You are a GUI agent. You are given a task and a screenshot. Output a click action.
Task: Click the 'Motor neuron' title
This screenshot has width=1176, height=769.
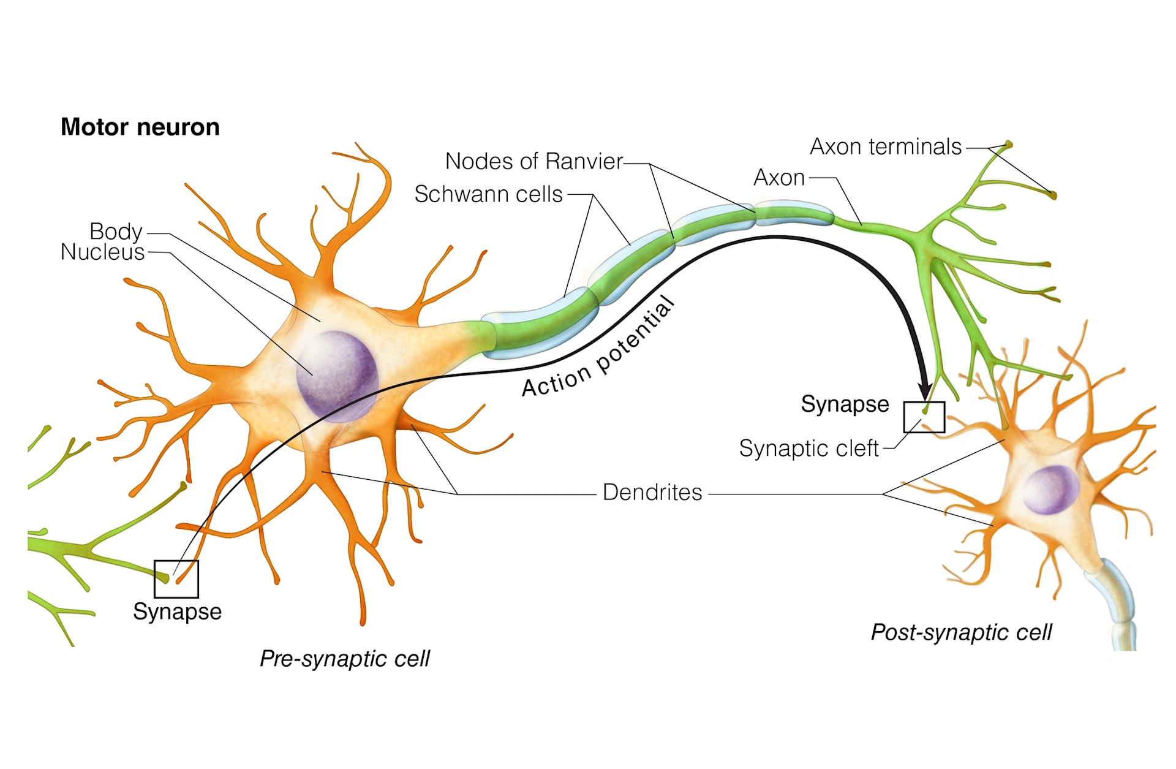tap(140, 127)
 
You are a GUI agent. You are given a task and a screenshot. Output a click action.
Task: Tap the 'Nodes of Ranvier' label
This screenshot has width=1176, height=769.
tap(533, 161)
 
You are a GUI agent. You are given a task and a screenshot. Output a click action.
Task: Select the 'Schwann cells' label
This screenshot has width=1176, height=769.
tap(488, 194)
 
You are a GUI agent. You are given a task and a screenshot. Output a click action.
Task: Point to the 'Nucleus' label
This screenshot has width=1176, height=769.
tap(102, 252)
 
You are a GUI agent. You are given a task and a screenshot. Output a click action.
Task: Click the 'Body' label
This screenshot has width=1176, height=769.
tap(116, 231)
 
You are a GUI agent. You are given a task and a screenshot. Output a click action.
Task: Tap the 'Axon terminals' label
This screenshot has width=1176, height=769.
tap(885, 147)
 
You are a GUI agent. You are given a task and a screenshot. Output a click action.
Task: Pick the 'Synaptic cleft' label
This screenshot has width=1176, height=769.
tap(809, 448)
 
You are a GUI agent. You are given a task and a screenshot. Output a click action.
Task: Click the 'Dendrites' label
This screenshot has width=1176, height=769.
tap(652, 492)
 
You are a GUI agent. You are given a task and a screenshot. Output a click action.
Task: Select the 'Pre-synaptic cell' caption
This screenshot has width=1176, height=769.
tap(344, 659)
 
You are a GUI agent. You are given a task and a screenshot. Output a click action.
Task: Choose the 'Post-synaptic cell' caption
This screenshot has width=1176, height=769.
tap(961, 632)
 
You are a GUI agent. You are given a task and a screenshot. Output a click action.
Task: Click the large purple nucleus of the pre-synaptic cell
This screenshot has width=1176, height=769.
tap(336, 375)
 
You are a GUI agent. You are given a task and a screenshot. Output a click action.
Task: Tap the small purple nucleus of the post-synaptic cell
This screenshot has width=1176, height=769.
tap(1050, 490)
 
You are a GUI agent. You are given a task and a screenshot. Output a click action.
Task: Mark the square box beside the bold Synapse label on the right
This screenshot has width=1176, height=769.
tap(924, 417)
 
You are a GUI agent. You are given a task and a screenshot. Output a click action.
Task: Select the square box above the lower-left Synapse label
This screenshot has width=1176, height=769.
tap(176, 578)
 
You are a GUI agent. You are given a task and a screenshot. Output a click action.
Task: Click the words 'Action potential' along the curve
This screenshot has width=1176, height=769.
tap(597, 349)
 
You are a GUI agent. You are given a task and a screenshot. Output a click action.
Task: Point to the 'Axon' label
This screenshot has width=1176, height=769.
tap(778, 178)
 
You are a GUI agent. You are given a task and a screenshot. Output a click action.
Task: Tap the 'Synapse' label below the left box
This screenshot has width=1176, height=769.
tap(177, 612)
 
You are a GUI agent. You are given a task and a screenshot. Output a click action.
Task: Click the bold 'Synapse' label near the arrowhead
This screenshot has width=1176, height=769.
tap(845, 404)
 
